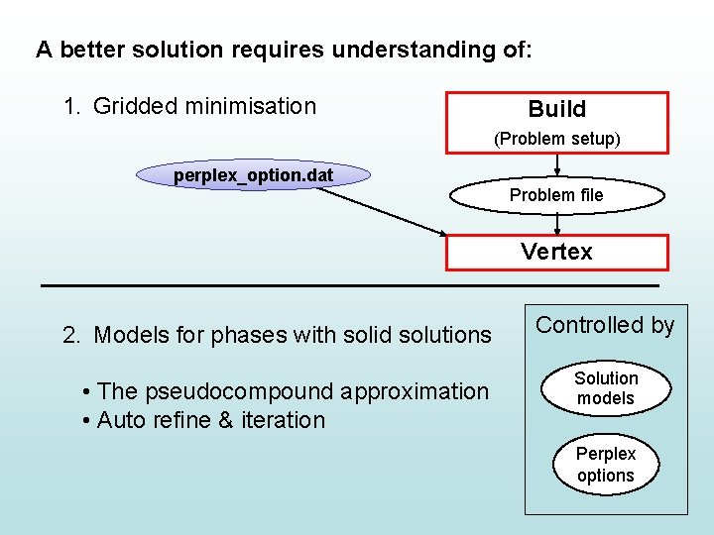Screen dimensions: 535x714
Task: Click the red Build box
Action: coord(556,109)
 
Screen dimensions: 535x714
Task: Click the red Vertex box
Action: coord(556,252)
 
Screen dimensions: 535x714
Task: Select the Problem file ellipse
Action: coord(555,195)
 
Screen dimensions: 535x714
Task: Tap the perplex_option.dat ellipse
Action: coord(253,176)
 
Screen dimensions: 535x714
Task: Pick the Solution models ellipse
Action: coord(606,388)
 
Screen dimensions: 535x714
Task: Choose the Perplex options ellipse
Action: coord(606,465)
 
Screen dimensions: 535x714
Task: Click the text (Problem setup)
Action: coord(557,139)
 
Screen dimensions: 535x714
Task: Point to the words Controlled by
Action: coord(605,325)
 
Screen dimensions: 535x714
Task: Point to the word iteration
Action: coord(284,420)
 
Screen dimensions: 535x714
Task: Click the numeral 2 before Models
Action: coord(69,335)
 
